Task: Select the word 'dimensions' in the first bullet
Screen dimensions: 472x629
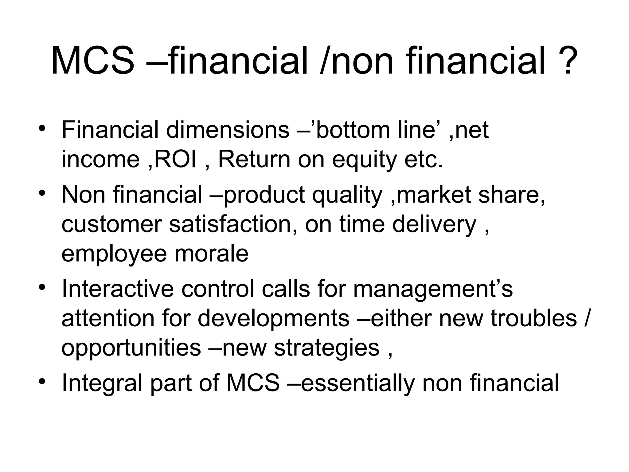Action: [228, 130]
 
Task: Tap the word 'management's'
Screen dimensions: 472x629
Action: [433, 290]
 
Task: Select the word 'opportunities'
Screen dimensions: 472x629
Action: [131, 348]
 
